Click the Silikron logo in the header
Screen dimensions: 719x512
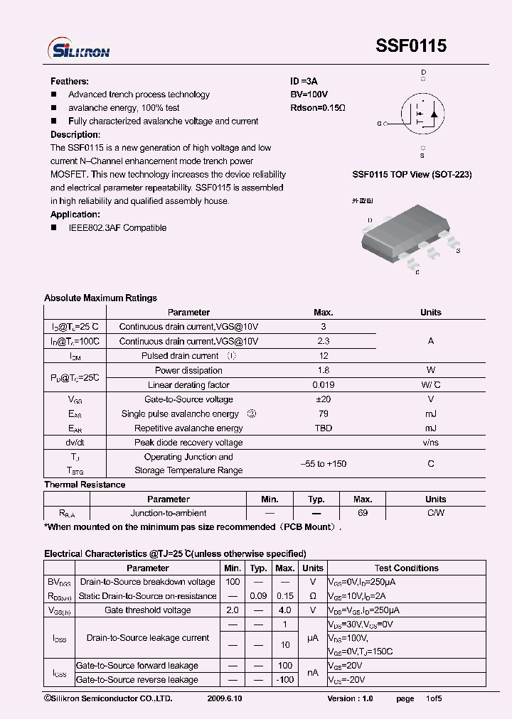[78, 49]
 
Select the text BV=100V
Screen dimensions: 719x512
[309, 94]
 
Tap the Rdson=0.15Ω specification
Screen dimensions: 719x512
[317, 108]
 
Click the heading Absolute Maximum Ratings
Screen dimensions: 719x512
[100, 298]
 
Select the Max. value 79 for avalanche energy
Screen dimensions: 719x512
[323, 414]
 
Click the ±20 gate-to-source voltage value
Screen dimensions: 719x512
[323, 399]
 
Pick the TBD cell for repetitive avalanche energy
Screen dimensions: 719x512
[323, 428]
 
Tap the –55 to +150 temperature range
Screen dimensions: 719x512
[323, 464]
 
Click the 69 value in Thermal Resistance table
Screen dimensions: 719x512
[363, 513]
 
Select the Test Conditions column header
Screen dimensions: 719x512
[406, 568]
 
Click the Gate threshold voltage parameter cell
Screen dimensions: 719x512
[148, 610]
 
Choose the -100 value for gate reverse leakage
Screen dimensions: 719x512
[285, 680]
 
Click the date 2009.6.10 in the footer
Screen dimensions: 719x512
[224, 699]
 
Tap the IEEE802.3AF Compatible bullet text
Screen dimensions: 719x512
[117, 228]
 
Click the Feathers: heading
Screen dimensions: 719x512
[70, 82]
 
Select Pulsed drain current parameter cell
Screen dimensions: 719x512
[180, 356]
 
